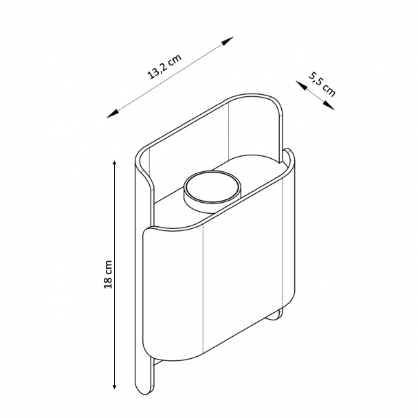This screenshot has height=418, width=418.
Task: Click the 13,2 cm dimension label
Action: pyautogui.click(x=164, y=67)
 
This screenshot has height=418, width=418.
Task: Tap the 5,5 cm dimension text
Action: pyautogui.click(x=322, y=84)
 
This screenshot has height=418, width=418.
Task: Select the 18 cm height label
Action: pyautogui.click(x=108, y=274)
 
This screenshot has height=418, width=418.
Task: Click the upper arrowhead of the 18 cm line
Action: pyautogui.click(x=114, y=164)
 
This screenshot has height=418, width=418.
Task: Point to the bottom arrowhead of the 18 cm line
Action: pyautogui.click(x=114, y=385)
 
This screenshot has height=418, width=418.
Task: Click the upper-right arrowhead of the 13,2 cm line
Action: pyautogui.click(x=228, y=41)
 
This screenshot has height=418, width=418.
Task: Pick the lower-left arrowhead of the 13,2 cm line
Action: pyautogui.click(x=112, y=114)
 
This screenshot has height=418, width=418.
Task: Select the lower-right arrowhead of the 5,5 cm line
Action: pyautogui.click(x=329, y=106)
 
